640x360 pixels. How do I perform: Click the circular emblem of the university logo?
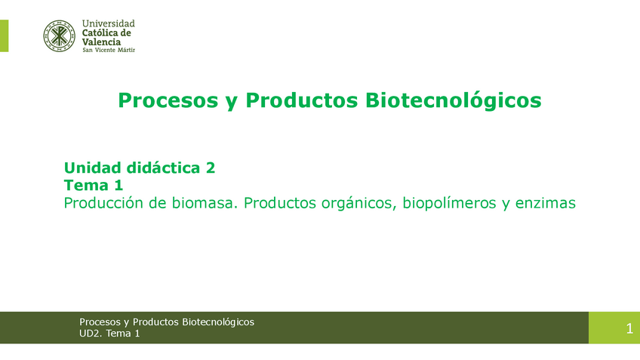pos(59,36)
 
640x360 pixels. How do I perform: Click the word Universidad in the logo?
pos(108,23)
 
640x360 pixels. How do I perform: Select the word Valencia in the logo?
pos(101,42)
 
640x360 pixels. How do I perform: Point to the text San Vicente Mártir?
pos(109,51)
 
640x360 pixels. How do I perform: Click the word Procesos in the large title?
pos(168,100)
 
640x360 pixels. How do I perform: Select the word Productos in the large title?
pos(302,100)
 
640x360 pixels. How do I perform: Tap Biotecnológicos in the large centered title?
pos(454,100)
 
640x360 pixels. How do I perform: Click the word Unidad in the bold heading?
pos(93,168)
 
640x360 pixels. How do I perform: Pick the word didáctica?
pos(163,168)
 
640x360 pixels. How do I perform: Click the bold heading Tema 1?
pos(94,186)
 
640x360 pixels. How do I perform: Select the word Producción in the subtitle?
pos(108,203)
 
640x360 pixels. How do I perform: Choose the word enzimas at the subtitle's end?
pos(546,203)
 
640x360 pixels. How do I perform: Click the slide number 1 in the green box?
pos(629,328)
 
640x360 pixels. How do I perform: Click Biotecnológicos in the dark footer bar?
pos(218,322)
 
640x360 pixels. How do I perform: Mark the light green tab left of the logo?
pos(4,36)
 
